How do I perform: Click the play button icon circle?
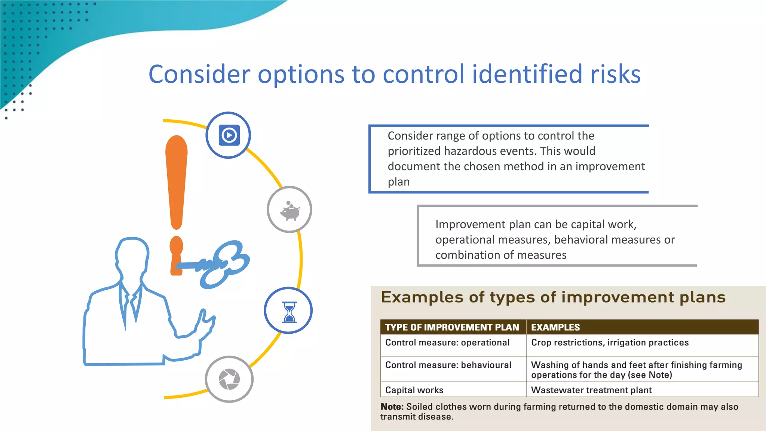(229, 135)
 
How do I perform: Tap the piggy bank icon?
(289, 210)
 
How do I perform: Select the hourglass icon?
(289, 311)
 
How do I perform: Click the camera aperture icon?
(229, 379)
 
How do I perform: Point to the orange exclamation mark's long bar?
(176, 180)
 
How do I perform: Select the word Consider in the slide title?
(199, 74)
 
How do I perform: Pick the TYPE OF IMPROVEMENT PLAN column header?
(452, 327)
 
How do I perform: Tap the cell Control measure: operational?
(447, 343)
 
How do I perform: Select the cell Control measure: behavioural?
(448, 365)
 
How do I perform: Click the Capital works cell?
(414, 390)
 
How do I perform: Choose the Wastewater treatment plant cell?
(591, 390)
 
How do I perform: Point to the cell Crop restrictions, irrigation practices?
(610, 343)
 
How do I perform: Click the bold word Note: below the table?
(392, 407)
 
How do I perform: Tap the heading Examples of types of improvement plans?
(553, 297)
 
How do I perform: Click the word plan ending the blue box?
(398, 182)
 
